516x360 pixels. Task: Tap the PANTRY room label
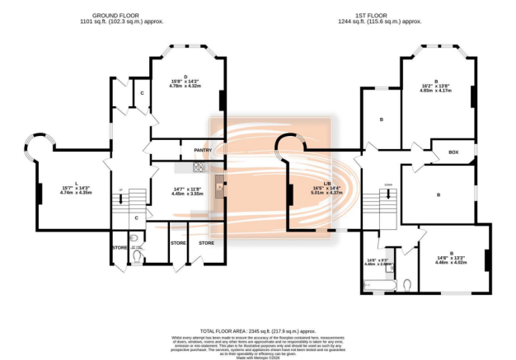(x=204, y=151)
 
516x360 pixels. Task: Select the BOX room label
(x=453, y=152)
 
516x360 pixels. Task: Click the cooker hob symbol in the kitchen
(x=199, y=168)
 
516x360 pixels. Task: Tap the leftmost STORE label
(x=120, y=246)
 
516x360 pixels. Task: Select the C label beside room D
(x=142, y=92)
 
